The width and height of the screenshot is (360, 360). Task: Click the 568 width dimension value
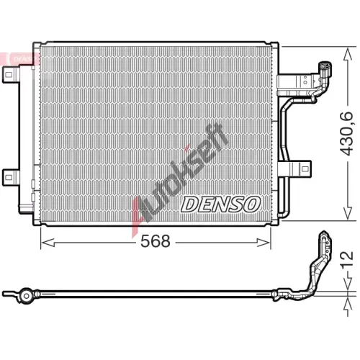pyautogui.click(x=156, y=241)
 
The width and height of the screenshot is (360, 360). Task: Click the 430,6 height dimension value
pyautogui.click(x=346, y=134)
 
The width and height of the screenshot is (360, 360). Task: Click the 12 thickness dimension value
pyautogui.click(x=347, y=258)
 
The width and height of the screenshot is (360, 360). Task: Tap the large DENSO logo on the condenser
pyautogui.click(x=220, y=204)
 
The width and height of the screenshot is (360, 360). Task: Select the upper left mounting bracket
pyautogui.click(x=10, y=75)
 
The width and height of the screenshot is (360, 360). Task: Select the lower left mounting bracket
pyautogui.click(x=10, y=177)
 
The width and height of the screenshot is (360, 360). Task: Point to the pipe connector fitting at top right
pyautogui.click(x=325, y=70)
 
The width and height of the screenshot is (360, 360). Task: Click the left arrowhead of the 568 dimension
pyautogui.click(x=48, y=243)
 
